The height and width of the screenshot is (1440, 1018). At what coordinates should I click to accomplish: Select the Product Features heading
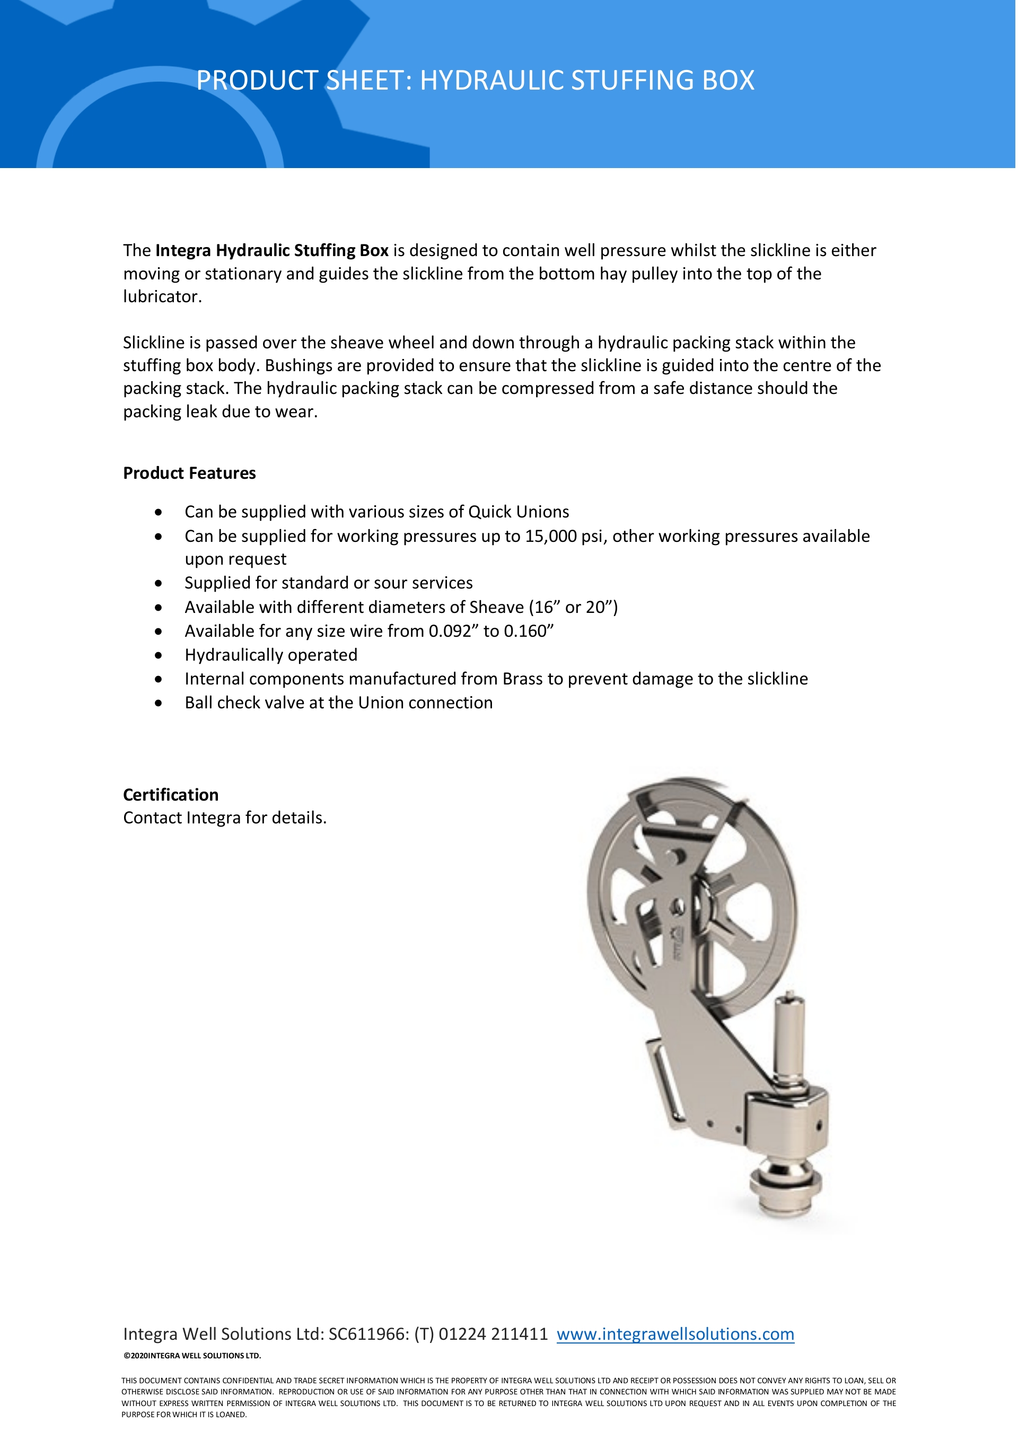tap(189, 473)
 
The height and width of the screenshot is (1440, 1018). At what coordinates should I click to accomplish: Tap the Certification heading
tap(171, 795)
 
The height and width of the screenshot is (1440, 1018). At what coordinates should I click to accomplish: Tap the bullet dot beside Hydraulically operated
tap(159, 655)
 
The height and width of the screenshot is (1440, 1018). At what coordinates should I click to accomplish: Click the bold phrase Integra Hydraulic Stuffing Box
tap(271, 250)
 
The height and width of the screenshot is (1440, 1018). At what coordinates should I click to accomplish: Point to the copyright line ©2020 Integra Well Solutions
tap(192, 1355)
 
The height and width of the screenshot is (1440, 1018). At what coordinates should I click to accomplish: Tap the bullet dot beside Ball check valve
tap(159, 703)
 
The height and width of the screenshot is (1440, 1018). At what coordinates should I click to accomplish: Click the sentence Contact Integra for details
tap(225, 818)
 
